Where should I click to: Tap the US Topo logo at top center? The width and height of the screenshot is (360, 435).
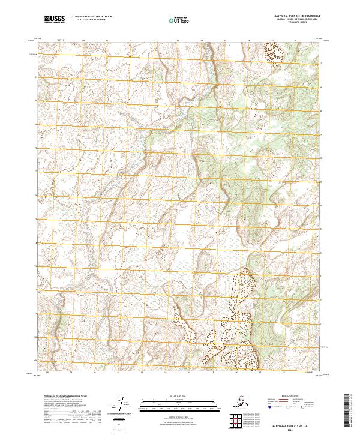179,20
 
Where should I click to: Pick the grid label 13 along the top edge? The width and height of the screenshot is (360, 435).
178,41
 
